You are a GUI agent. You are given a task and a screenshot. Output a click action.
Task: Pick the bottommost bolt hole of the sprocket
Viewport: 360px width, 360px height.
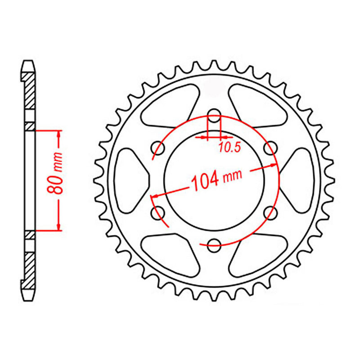click(x=214, y=244)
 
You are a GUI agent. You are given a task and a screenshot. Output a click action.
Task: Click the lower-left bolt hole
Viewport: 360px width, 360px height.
click(x=158, y=213)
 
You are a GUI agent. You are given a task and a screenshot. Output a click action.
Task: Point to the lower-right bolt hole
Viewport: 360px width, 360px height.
click(x=270, y=213)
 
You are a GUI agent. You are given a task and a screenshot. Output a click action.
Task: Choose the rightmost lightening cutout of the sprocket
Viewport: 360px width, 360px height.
click(x=297, y=180)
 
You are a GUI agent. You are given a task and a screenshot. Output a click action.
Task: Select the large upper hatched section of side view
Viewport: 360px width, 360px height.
click(x=29, y=92)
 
